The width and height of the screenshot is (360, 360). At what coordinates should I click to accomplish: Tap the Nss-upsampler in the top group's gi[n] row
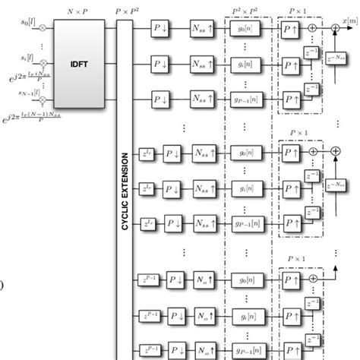(x=203, y=65)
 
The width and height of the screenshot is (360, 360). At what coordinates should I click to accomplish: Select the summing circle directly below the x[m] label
(x=334, y=29)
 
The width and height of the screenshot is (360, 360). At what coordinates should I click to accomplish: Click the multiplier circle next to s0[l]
(x=44, y=27)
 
